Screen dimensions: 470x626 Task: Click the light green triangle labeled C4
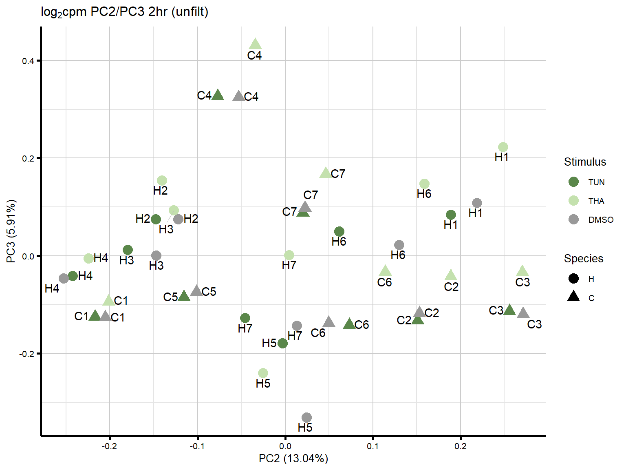click(255, 44)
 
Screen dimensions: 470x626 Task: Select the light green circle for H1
click(503, 147)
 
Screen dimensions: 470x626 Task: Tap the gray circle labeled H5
click(307, 417)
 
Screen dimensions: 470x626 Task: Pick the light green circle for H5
click(263, 373)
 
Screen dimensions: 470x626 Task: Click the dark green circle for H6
click(339, 232)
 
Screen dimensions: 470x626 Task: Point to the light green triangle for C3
click(522, 271)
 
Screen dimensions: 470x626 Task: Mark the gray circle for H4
click(64, 278)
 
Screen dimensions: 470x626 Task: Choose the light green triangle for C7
click(325, 173)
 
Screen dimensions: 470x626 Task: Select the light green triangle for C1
click(108, 301)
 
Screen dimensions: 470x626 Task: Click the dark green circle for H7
click(245, 318)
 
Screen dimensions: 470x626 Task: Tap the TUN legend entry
click(573, 182)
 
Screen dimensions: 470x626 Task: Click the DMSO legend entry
click(573, 219)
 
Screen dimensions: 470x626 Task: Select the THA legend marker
click(573, 201)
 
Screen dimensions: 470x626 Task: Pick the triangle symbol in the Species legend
click(573, 297)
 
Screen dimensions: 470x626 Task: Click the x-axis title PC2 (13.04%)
click(293, 459)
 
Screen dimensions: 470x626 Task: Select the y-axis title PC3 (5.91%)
click(11, 231)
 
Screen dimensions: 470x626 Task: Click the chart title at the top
click(125, 12)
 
